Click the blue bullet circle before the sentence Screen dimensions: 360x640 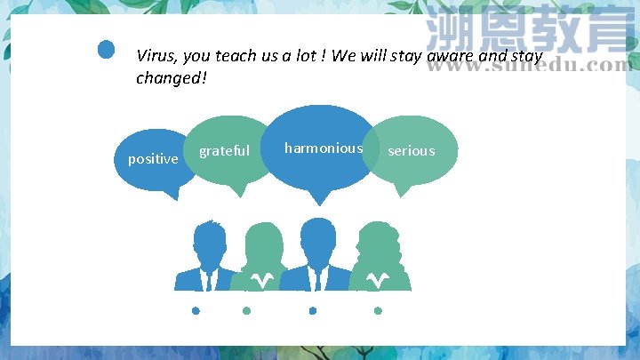(x=107, y=50)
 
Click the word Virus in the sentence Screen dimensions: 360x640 (x=156, y=55)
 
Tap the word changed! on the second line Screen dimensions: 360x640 (x=171, y=78)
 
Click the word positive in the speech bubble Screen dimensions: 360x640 (x=153, y=159)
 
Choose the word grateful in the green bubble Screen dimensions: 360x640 (x=224, y=151)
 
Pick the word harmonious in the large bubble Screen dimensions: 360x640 (x=324, y=148)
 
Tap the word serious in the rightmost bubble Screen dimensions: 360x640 (x=412, y=151)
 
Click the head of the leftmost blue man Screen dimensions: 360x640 (x=210, y=240)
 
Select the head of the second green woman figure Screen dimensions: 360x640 (x=263, y=244)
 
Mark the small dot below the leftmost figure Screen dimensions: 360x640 (x=196, y=311)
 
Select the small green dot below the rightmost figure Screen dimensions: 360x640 (x=378, y=311)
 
